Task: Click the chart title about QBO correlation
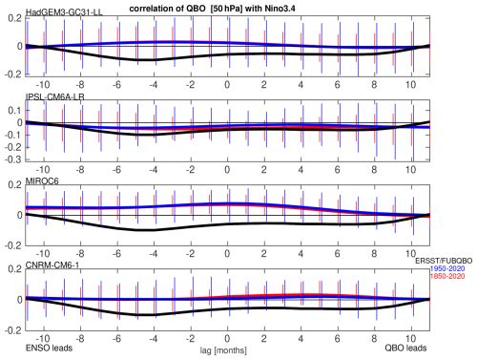[x=212, y=9]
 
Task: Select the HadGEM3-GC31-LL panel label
[x=64, y=12]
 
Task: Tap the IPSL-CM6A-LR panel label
[x=54, y=96]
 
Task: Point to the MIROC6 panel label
[x=42, y=181]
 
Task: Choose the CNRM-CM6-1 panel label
[x=52, y=265]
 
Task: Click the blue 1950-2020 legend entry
[x=447, y=268]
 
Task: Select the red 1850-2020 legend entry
[x=447, y=276]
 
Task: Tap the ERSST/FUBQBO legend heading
[x=444, y=261]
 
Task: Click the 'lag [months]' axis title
[x=223, y=350]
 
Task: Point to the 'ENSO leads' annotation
[x=49, y=348]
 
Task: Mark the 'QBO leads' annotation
[x=405, y=348]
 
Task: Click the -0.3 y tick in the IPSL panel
[x=13, y=159]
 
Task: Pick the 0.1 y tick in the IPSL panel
[x=15, y=111]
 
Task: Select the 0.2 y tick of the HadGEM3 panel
[x=15, y=18]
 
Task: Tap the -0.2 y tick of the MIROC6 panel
[x=13, y=245]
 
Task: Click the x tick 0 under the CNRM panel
[x=227, y=338]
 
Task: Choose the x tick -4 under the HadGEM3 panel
[x=154, y=85]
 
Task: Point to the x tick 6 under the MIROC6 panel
[x=338, y=254]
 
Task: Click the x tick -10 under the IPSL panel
[x=43, y=169]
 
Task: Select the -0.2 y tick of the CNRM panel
[x=13, y=330]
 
